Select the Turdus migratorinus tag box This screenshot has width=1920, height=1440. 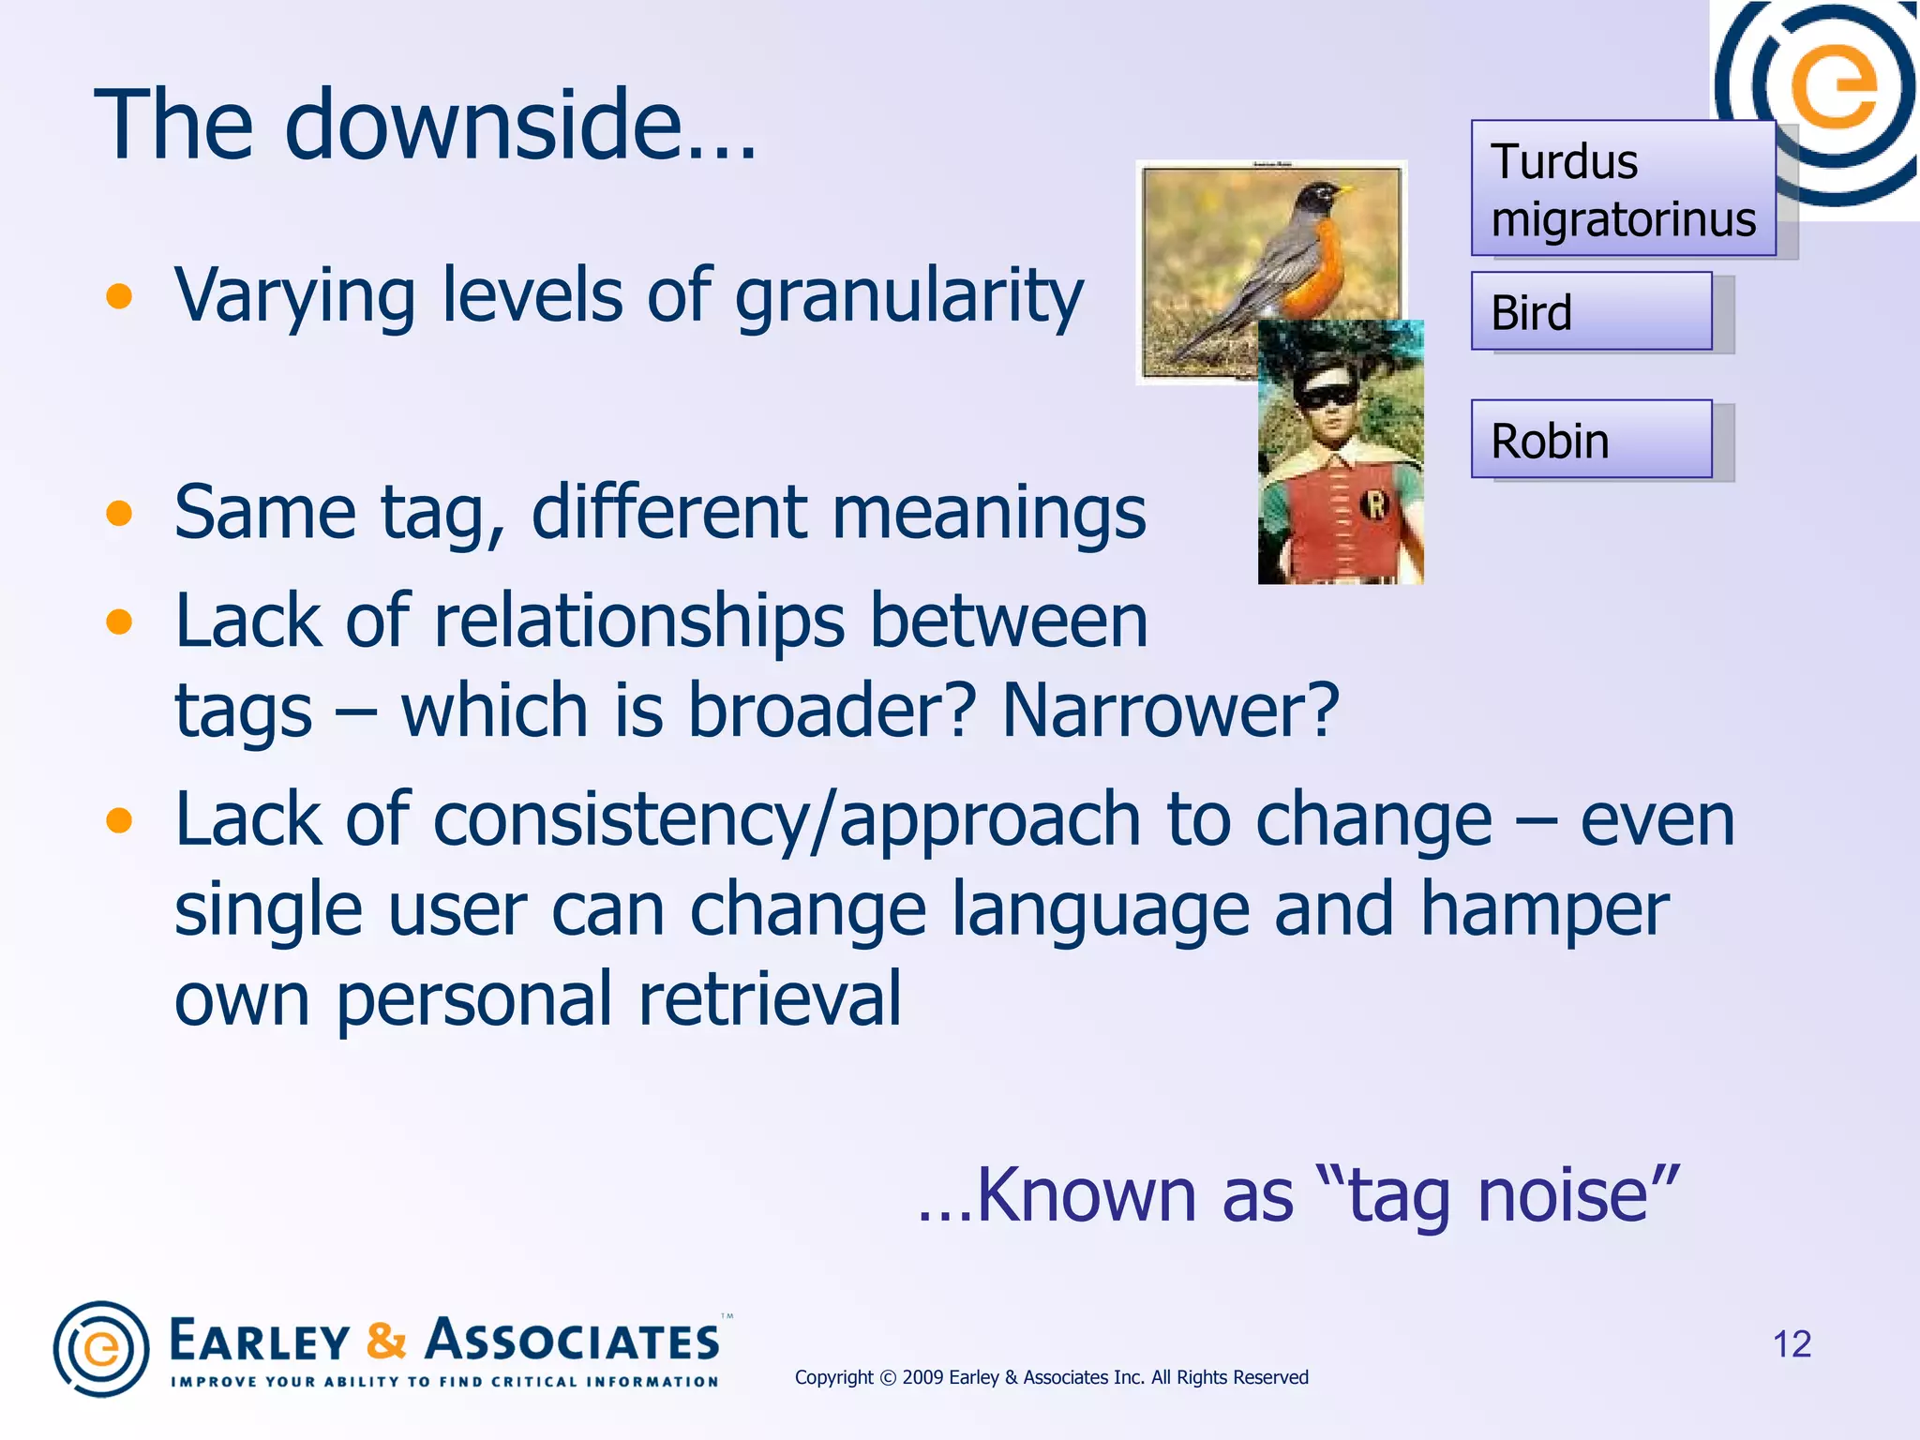click(x=1622, y=188)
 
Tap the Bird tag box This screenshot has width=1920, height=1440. click(x=1591, y=311)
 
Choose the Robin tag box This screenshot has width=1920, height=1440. click(x=1591, y=440)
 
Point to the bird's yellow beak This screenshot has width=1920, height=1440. click(x=1344, y=190)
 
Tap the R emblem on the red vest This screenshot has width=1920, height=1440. click(x=1374, y=505)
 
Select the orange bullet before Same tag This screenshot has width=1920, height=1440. click(x=119, y=514)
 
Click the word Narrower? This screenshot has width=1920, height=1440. click(x=1170, y=710)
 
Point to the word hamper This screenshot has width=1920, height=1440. click(x=1544, y=908)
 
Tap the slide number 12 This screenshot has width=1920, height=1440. click(x=1792, y=1344)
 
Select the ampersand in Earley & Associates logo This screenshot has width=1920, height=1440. click(x=386, y=1341)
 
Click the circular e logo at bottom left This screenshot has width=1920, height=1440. click(x=101, y=1349)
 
